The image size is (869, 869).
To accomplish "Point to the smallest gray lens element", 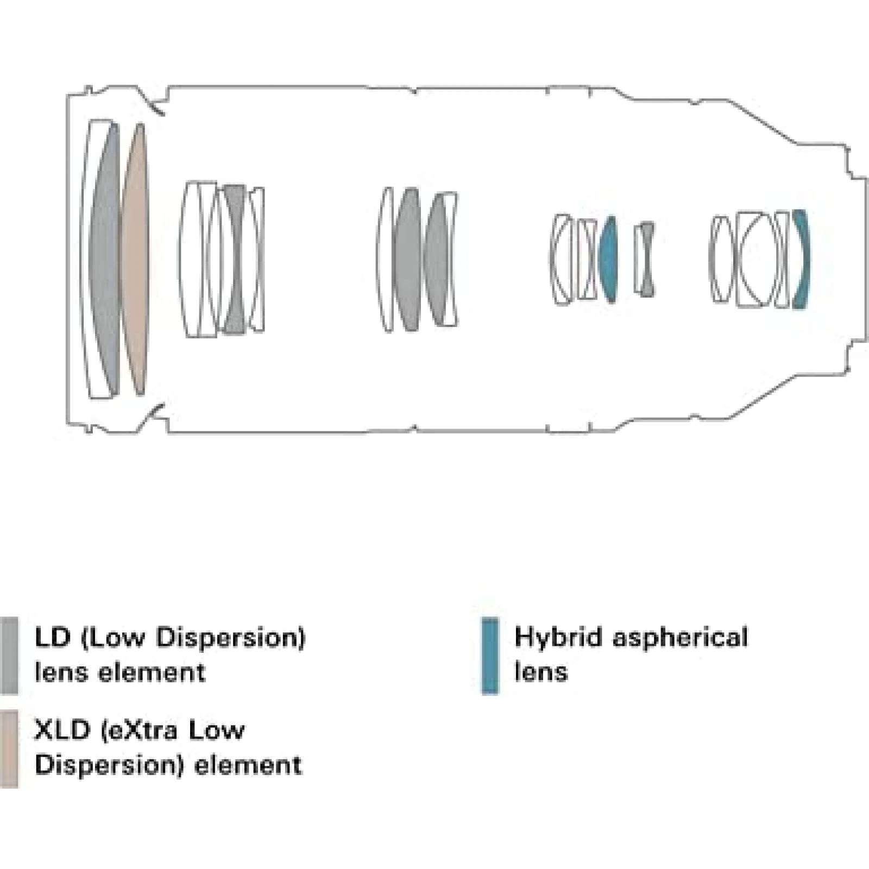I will [x=646, y=259].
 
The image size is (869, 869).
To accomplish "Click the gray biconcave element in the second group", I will [x=235, y=259].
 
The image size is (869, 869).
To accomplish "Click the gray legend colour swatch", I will [x=9, y=655].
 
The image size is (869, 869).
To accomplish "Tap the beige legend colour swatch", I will [x=9, y=748].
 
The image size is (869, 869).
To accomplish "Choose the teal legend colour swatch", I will [x=490, y=655].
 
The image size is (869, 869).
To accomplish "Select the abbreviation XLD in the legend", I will [x=61, y=730].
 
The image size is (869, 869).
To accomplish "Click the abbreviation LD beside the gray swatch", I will [x=52, y=637].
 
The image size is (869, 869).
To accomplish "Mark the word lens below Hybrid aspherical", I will [x=541, y=672].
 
